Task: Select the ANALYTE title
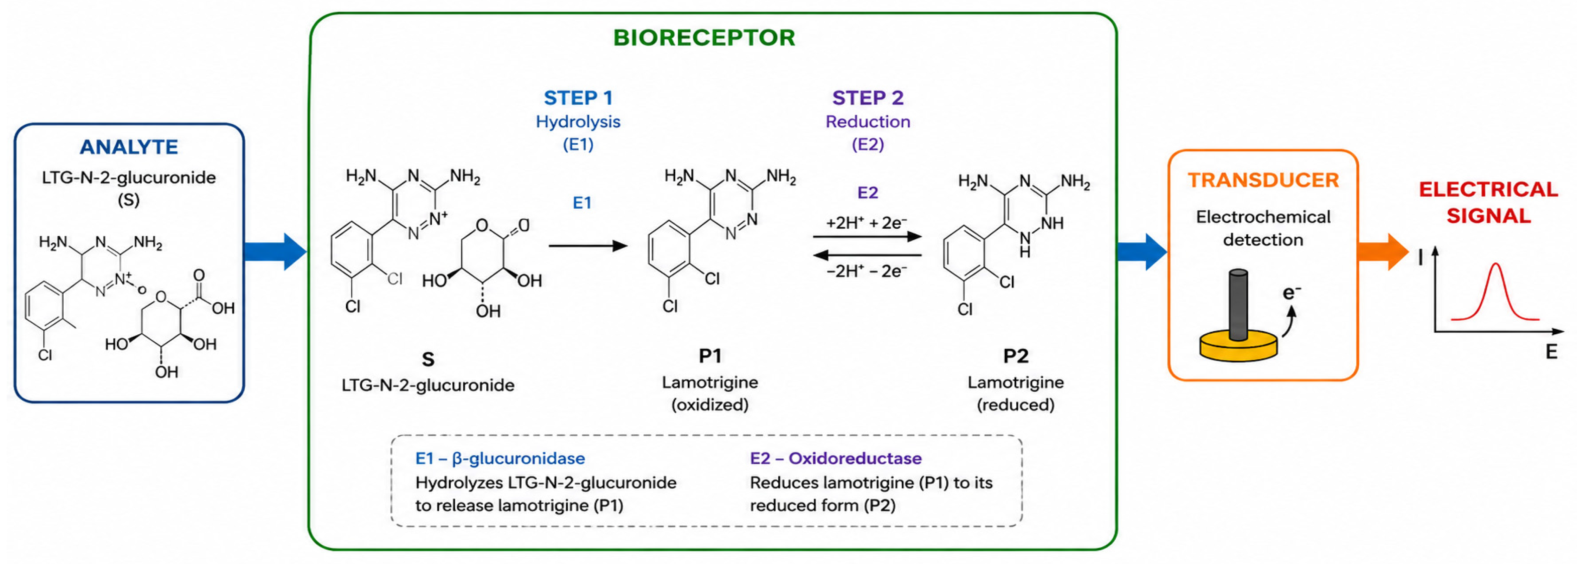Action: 129,147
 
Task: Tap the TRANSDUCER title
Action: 1263,180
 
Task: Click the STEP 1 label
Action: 578,98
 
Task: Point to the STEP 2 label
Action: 868,98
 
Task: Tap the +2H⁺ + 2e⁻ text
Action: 866,223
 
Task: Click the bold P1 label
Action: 710,355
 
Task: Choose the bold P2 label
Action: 1016,355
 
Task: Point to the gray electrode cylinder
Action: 1238,304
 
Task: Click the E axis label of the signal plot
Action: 1551,352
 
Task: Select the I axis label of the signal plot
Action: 1420,257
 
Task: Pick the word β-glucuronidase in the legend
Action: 518,458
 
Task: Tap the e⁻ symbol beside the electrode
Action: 1291,293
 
